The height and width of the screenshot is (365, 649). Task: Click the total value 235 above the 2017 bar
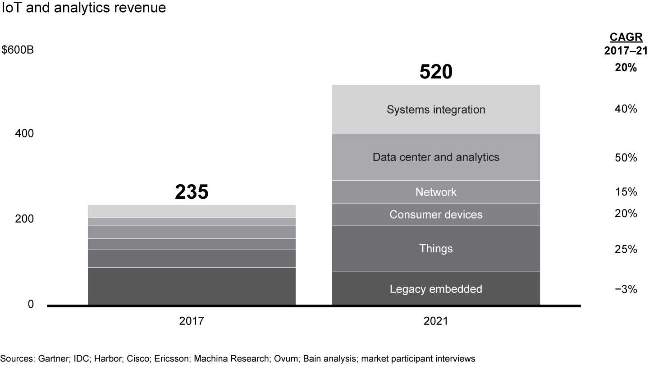(x=192, y=192)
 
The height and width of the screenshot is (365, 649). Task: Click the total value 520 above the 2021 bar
(x=436, y=72)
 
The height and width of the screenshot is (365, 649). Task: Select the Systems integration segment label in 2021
(x=436, y=109)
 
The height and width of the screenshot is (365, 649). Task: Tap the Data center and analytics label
(x=436, y=157)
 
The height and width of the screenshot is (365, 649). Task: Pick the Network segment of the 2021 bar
(x=436, y=192)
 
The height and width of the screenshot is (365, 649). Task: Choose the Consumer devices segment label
(x=436, y=214)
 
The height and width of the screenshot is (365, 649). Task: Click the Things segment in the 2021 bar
(x=436, y=249)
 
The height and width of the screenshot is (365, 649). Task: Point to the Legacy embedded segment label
(x=436, y=289)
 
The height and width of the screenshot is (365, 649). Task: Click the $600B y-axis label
(x=18, y=50)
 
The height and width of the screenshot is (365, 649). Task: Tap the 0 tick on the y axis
(x=31, y=305)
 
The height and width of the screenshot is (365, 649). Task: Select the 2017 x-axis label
(x=192, y=321)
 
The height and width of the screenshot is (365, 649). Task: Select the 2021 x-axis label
(x=436, y=321)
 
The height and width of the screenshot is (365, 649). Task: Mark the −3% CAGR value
(x=626, y=290)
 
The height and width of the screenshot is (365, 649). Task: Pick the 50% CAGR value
(x=626, y=158)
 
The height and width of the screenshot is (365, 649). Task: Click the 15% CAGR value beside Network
(x=626, y=192)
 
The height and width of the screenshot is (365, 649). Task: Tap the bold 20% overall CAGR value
(x=626, y=68)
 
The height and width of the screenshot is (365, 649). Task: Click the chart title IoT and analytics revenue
(x=84, y=8)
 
